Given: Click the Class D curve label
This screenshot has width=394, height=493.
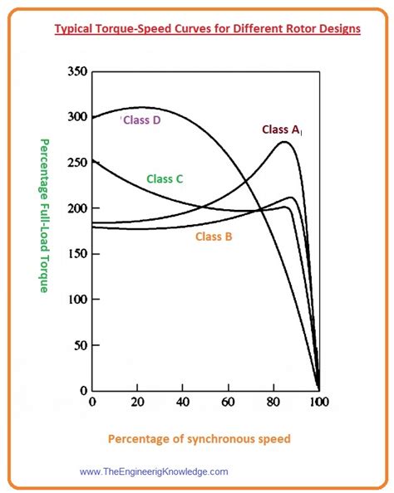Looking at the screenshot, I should coord(144,121).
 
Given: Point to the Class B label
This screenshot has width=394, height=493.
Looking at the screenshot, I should coord(214,237).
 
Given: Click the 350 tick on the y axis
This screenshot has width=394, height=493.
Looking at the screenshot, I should coord(76,72).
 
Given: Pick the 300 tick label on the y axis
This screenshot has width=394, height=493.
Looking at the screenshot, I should coord(76,117).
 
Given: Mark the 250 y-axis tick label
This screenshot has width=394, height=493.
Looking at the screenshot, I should coord(76,163).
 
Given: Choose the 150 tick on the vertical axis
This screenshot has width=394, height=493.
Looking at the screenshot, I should coord(76,254).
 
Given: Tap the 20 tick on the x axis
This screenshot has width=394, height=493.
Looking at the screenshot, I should coord(137,403).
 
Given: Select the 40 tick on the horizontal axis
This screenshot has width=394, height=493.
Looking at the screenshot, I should coord(183,403).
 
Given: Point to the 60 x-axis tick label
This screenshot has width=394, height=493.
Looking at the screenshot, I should coord(229,403).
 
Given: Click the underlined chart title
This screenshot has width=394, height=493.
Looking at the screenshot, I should coord(207,28).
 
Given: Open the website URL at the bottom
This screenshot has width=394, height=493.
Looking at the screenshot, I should coord(154,471).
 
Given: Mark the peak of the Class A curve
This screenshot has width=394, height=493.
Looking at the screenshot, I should coord(284,142).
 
